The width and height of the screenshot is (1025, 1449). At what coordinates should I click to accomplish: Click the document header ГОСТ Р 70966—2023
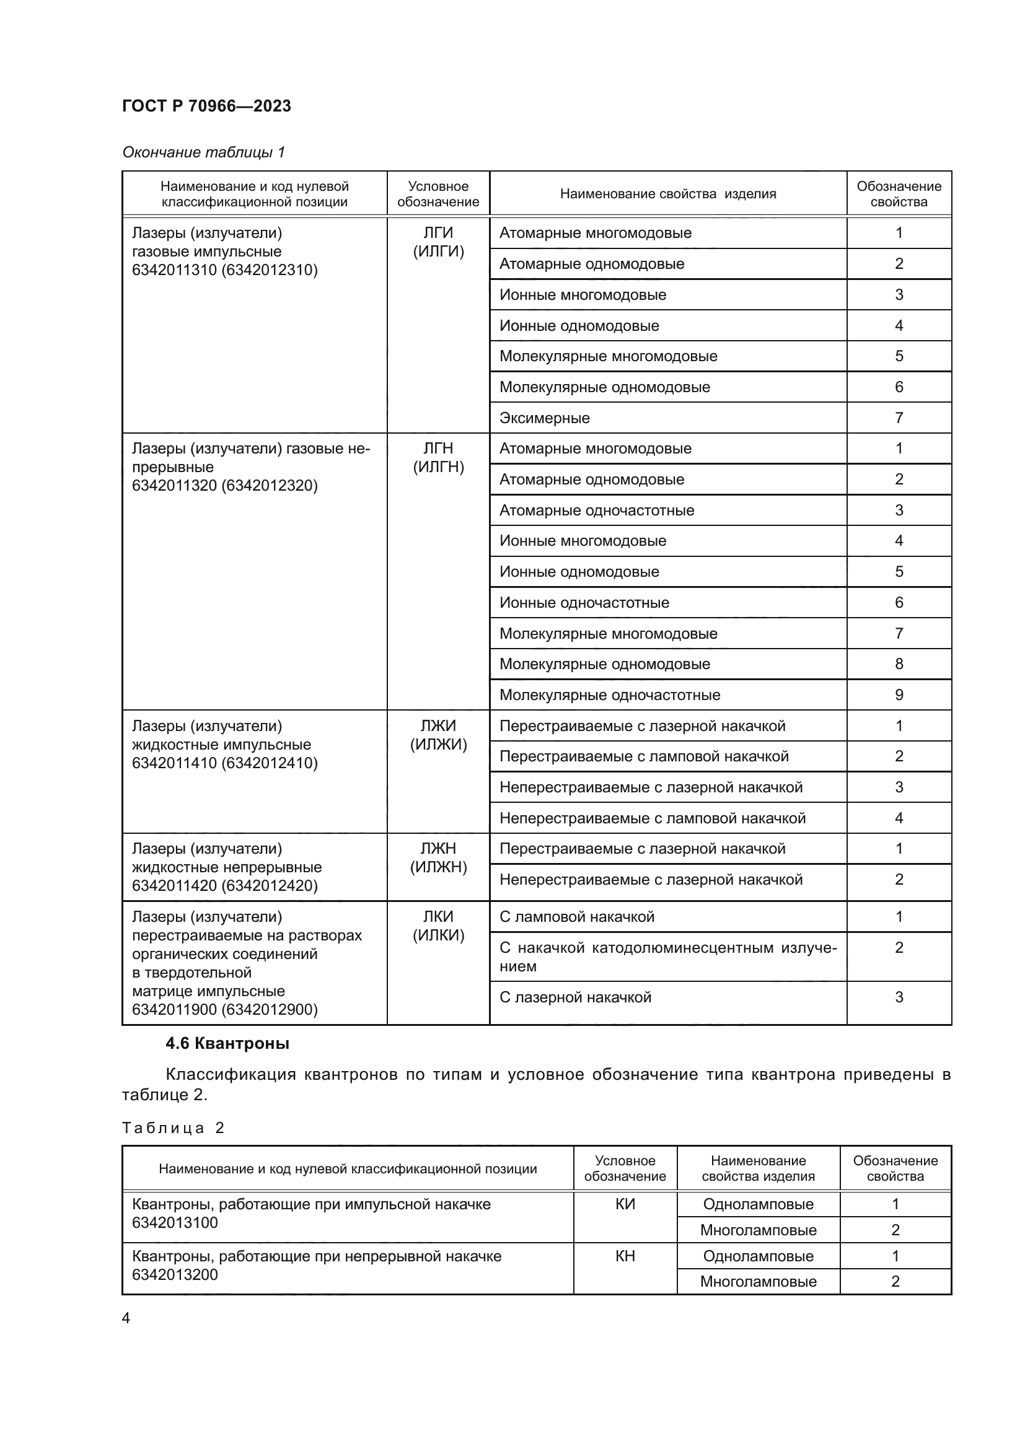click(x=206, y=106)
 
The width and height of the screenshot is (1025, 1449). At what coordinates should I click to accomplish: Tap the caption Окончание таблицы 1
click(x=203, y=152)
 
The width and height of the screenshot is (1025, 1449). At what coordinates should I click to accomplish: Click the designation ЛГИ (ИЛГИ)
click(x=438, y=242)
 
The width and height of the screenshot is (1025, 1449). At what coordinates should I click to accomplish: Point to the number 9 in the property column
click(x=899, y=695)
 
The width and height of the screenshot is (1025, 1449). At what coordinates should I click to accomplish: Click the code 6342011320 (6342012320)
click(x=225, y=485)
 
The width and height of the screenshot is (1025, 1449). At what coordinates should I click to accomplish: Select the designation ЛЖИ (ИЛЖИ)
click(x=438, y=735)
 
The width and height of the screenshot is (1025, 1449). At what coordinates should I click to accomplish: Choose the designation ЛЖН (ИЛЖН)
click(x=438, y=857)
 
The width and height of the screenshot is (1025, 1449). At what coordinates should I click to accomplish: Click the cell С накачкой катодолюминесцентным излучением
click(x=668, y=957)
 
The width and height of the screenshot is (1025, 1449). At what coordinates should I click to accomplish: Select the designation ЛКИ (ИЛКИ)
click(x=438, y=926)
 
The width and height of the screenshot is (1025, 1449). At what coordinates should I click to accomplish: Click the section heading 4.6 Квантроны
click(x=227, y=1043)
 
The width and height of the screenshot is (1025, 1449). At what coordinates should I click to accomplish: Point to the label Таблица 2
click(x=173, y=1127)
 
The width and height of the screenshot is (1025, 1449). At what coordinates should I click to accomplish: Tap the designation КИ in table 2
click(x=625, y=1204)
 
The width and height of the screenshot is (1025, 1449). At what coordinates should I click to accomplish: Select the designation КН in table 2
click(x=625, y=1256)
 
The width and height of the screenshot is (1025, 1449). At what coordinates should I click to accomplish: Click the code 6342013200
click(x=175, y=1274)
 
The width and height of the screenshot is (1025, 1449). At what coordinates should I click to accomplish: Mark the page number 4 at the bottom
click(x=126, y=1318)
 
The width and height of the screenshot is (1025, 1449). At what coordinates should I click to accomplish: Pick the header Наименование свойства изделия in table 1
click(x=668, y=194)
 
